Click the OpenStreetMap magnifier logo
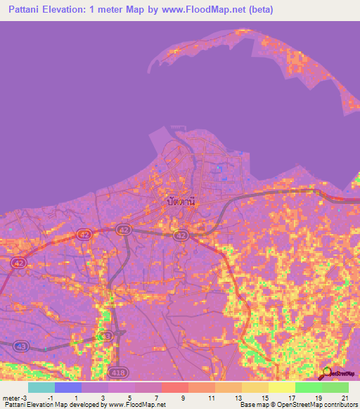click(327, 373)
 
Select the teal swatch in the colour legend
click(41, 387)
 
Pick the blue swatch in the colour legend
click(68, 387)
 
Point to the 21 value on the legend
click(345, 397)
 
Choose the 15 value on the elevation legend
click(264, 397)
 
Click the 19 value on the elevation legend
click(318, 397)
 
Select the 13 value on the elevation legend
click(238, 397)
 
